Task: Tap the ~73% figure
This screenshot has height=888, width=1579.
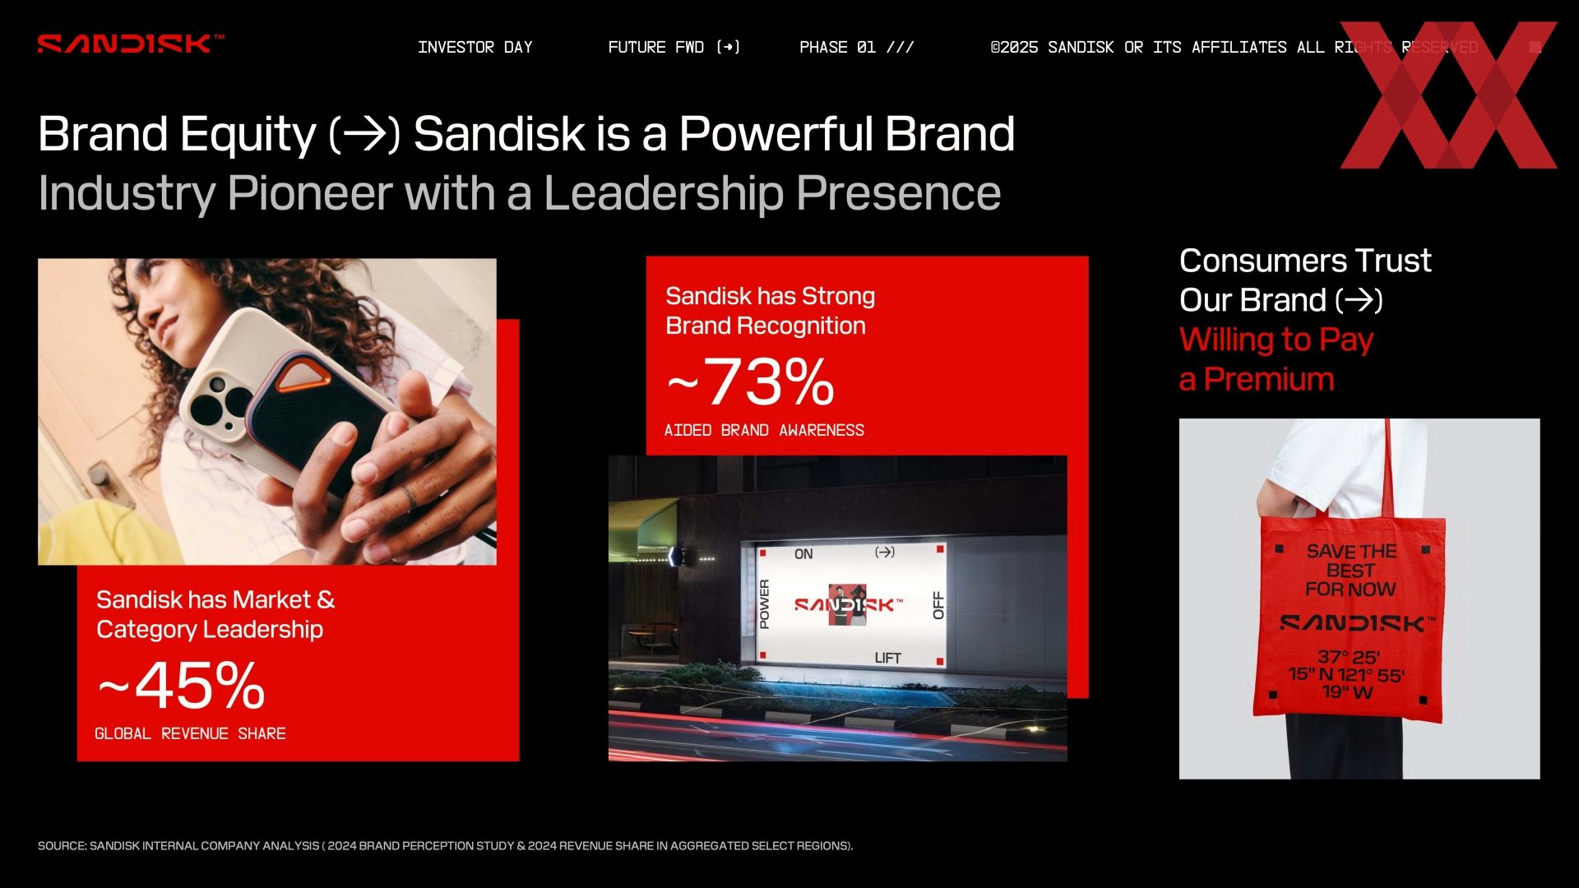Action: (x=750, y=382)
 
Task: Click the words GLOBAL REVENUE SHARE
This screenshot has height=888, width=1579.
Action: (x=190, y=733)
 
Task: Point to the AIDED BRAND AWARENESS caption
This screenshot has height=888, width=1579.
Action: (x=764, y=430)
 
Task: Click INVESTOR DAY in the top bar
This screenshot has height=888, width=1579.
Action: (x=475, y=47)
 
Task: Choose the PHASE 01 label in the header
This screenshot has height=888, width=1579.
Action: (x=856, y=47)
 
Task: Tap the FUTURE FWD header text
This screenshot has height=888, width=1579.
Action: (x=674, y=47)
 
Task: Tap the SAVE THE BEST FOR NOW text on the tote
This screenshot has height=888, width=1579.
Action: (x=1350, y=571)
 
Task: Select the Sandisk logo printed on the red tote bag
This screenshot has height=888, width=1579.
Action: (x=1358, y=624)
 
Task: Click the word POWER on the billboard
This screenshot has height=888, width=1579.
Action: (x=764, y=604)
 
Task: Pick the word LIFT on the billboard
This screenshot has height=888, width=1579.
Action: (x=887, y=658)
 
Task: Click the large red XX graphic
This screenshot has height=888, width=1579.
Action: (x=1448, y=95)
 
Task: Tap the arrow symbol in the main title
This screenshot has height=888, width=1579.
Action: (x=364, y=135)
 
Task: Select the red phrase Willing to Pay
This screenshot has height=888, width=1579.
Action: (x=1276, y=340)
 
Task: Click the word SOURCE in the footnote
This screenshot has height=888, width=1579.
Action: (x=61, y=846)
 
